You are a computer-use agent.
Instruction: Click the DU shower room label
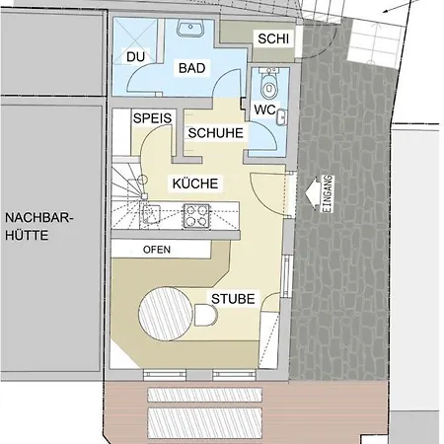click(x=136, y=57)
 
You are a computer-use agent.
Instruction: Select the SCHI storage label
click(x=271, y=38)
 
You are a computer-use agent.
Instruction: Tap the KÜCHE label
click(x=195, y=184)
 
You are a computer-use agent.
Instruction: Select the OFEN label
click(x=157, y=250)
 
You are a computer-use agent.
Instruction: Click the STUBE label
click(x=233, y=298)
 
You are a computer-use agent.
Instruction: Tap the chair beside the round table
click(x=206, y=316)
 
